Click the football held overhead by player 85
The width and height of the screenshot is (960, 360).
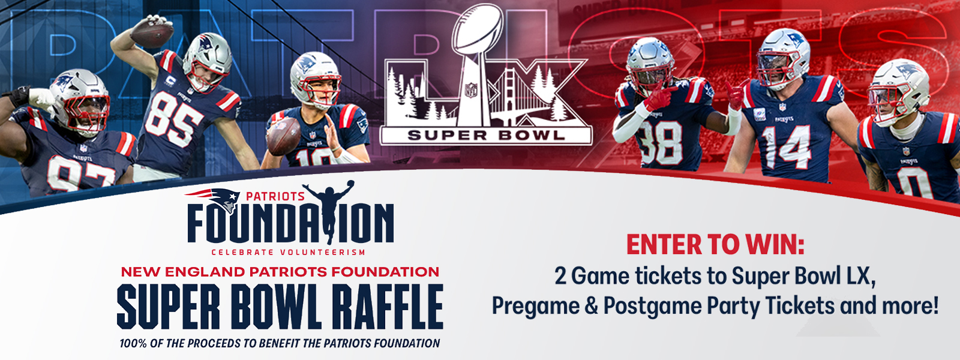[x=152, y=34]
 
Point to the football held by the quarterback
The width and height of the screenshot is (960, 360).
[x=283, y=136]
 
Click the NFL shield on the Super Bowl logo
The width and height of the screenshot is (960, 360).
[x=471, y=89]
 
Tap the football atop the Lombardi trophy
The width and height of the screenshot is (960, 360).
[x=479, y=29]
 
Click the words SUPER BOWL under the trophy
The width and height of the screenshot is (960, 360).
[x=486, y=136]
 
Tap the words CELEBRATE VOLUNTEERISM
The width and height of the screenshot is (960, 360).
[x=289, y=252]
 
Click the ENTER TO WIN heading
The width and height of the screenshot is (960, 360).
[x=715, y=244]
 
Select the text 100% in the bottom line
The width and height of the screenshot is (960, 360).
[x=134, y=343]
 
